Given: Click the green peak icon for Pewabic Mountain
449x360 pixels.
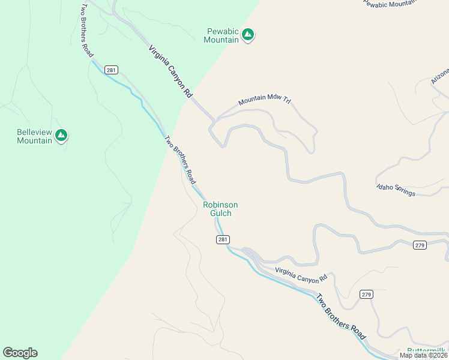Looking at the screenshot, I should click(248, 35).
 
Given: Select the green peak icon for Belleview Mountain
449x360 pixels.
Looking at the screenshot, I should click(61, 136).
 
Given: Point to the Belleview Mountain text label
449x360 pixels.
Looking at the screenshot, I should click(34, 136).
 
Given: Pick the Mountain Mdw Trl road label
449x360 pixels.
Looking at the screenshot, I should click(264, 101).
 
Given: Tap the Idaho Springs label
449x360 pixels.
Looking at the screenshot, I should click(396, 190).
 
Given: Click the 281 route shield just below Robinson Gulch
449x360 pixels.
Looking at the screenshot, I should click(222, 239).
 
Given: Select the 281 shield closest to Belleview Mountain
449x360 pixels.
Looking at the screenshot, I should click(110, 70).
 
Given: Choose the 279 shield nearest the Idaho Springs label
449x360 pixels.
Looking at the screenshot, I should click(420, 245).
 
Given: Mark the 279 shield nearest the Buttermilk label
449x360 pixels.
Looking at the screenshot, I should click(366, 294).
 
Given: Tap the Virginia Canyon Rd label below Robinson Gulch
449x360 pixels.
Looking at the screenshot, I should click(301, 275).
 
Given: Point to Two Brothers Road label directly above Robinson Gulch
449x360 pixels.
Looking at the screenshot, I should click(180, 160).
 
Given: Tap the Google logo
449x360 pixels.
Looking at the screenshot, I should click(20, 353).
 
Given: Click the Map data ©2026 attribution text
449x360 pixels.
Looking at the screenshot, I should click(423, 355).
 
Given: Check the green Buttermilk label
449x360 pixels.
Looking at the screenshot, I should click(427, 350).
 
